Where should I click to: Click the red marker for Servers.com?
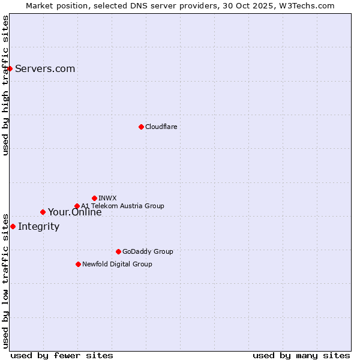click(x=10, y=68)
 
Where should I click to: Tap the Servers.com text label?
click(x=45, y=68)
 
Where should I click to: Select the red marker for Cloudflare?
click(x=141, y=127)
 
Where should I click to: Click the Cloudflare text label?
click(x=161, y=127)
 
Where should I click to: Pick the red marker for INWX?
click(x=94, y=198)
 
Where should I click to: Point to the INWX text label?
click(x=107, y=198)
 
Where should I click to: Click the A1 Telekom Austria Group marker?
click(x=77, y=206)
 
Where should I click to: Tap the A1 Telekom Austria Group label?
click(x=122, y=206)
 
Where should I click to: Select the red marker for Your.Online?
click(x=43, y=212)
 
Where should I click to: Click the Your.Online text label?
click(x=74, y=212)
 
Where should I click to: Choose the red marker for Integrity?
click(x=13, y=226)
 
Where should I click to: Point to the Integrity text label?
click(x=38, y=226)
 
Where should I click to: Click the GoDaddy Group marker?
click(x=118, y=251)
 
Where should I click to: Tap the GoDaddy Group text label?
click(x=147, y=251)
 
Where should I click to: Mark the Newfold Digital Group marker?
click(x=78, y=264)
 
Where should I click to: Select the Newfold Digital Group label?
click(x=117, y=264)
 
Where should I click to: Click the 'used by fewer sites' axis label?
click(x=62, y=355)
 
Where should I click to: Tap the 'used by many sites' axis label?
click(x=301, y=355)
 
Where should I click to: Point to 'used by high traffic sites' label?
click(x=5, y=85)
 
